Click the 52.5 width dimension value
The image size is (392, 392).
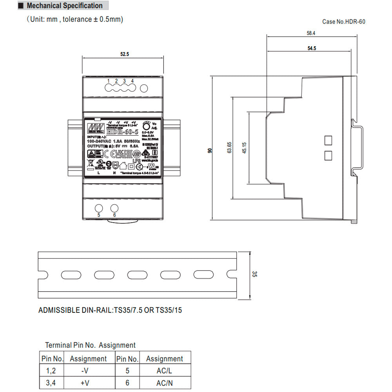tap(124, 54)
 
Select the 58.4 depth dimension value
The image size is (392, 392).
tap(311, 34)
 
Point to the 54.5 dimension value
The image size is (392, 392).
tap(311, 48)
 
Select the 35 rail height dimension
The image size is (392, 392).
tap(254, 274)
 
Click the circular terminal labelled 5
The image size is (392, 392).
tap(99, 208)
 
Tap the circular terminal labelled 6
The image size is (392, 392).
tap(114, 208)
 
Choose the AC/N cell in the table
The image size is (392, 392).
tap(164, 383)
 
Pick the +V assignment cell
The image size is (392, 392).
tap(85, 383)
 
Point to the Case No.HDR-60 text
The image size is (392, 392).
tap(343, 22)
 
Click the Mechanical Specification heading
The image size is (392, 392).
tap(64, 6)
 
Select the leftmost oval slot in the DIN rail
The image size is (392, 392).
tap(71, 274)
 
